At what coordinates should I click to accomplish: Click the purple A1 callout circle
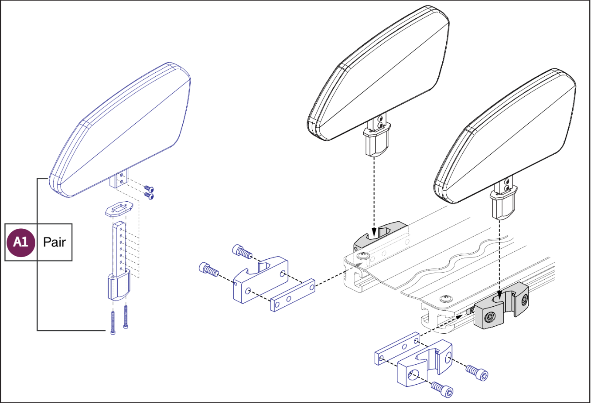point(20,242)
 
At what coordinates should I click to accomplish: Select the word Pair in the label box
point(55,242)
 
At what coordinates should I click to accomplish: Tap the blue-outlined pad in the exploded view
point(122,131)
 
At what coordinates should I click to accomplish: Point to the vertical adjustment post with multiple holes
point(120,248)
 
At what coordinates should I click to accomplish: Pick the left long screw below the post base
point(113,322)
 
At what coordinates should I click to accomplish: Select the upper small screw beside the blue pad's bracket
point(149,189)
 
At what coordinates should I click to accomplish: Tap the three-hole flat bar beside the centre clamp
point(293,295)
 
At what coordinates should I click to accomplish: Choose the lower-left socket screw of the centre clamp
point(209,270)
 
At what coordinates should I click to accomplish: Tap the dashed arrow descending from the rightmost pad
point(499,257)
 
